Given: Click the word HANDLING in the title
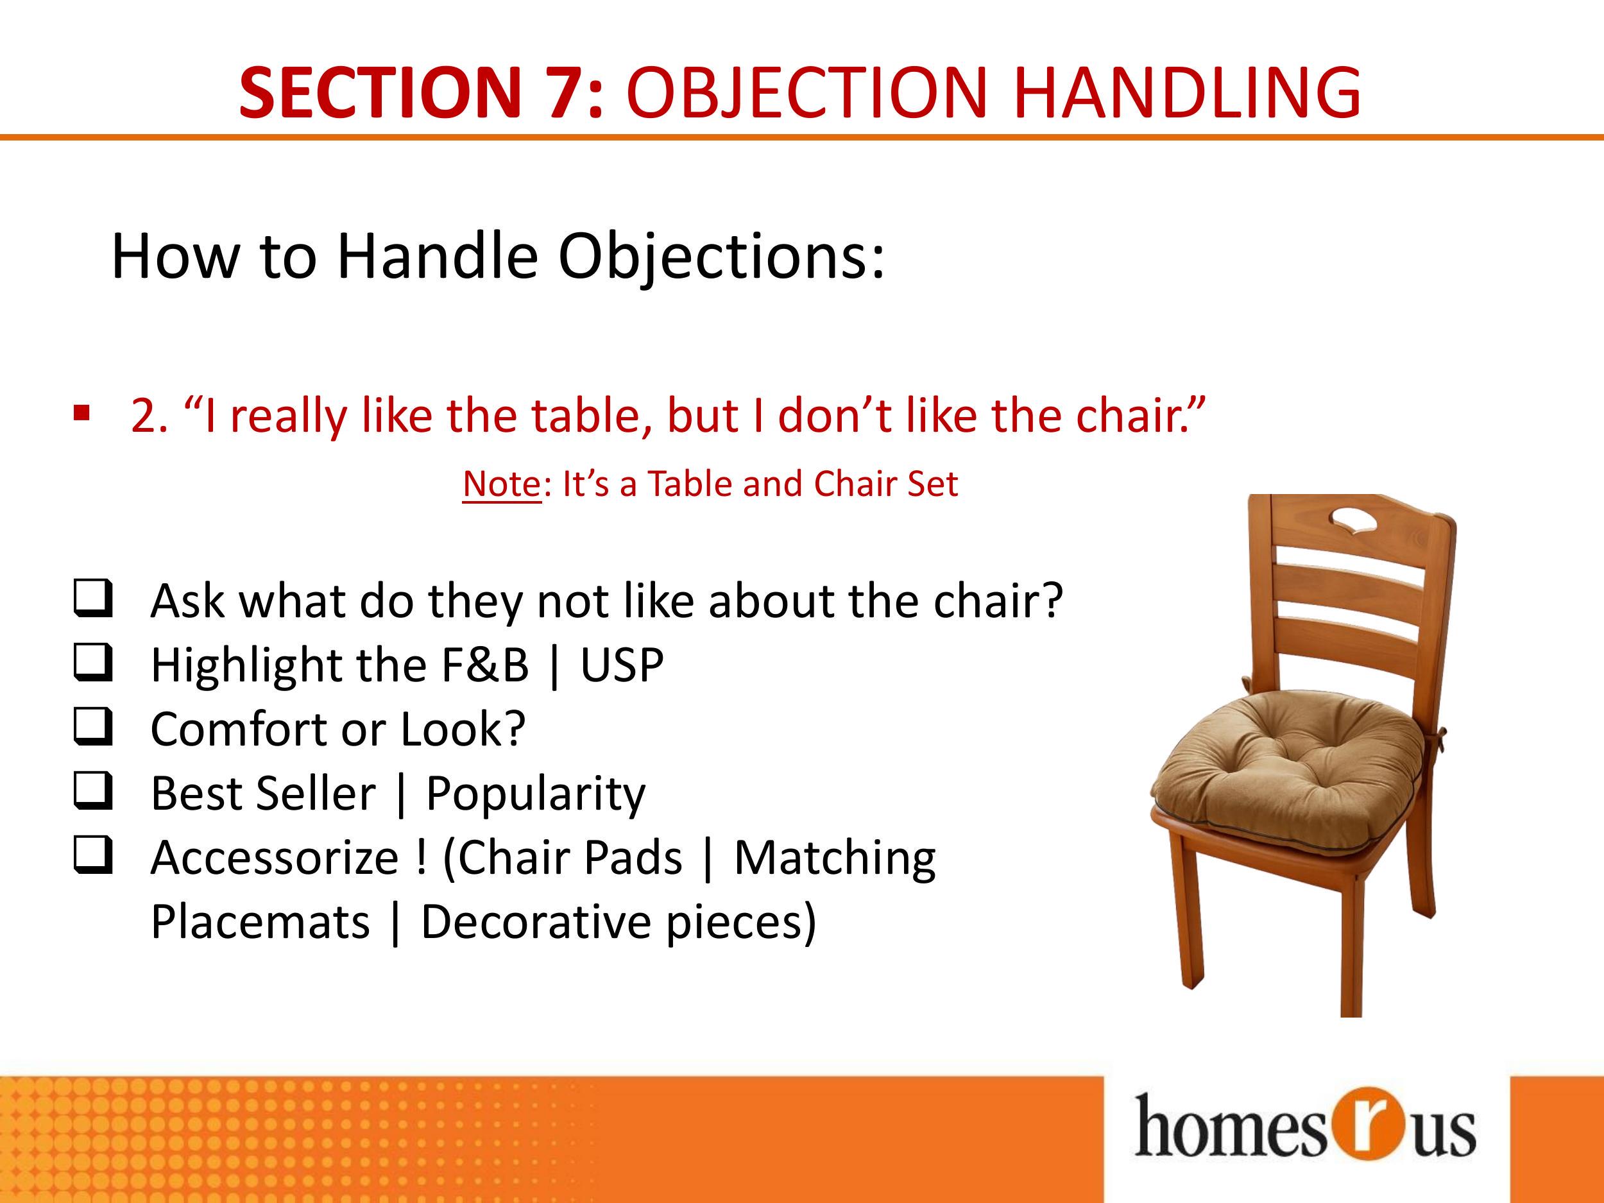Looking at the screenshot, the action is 1187,93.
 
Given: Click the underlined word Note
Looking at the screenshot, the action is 502,484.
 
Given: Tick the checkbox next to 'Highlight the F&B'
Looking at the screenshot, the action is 93,662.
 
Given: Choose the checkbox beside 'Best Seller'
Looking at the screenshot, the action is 93,790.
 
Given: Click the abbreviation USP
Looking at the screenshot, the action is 622,665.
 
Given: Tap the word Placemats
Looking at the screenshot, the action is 260,923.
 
